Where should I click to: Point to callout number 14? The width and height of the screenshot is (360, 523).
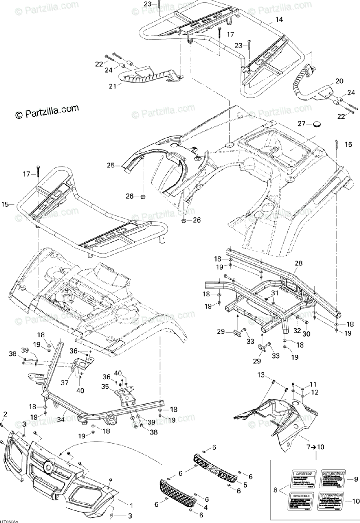click(279, 20)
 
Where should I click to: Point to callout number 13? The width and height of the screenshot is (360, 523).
click(261, 375)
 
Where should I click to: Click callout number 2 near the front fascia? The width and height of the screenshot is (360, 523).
click(6, 413)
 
